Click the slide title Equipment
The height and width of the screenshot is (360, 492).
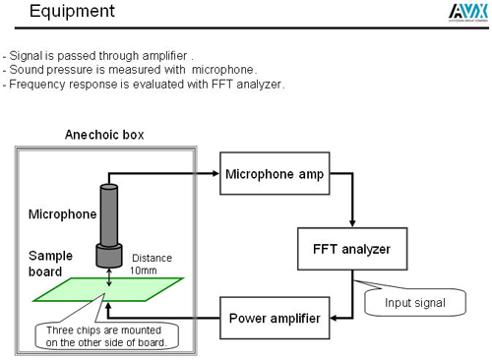click(x=72, y=13)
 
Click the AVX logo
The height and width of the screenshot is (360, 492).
click(x=462, y=11)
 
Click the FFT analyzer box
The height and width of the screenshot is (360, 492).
click(x=345, y=249)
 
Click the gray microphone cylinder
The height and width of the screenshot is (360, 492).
click(x=110, y=221)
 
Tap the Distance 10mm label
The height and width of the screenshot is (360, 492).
click(x=151, y=264)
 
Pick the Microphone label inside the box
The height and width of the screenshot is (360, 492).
click(x=62, y=213)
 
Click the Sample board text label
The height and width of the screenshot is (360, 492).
click(x=50, y=263)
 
